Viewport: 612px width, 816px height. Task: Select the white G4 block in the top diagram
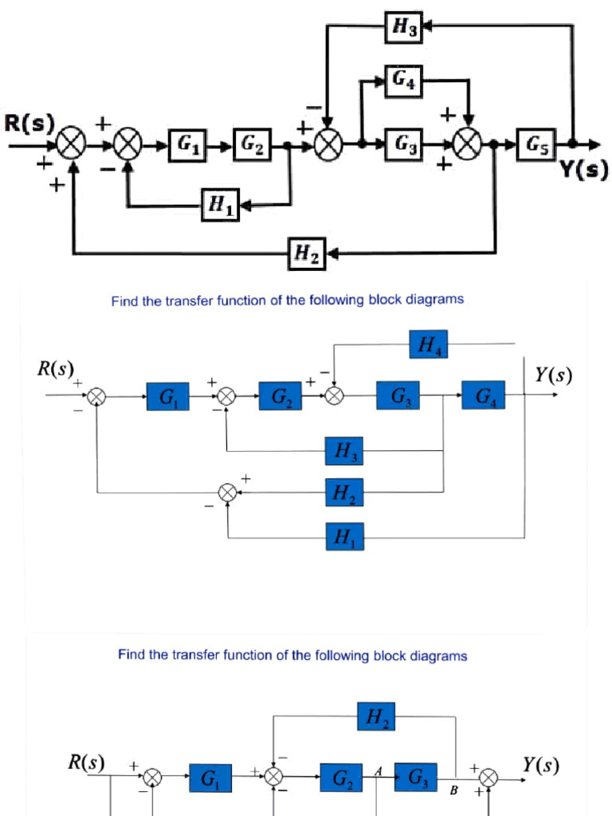[402, 80]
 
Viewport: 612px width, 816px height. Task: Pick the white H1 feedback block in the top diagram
[220, 206]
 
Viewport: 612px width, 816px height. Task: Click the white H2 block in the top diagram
[308, 254]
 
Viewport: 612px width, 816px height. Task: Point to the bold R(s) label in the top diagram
[29, 124]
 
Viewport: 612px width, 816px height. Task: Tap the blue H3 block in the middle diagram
[345, 452]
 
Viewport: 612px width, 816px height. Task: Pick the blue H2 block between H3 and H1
[345, 494]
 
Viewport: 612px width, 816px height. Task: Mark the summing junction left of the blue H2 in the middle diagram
[228, 494]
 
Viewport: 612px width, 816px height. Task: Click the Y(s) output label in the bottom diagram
[540, 765]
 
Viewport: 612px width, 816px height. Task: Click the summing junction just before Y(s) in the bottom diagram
[488, 777]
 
